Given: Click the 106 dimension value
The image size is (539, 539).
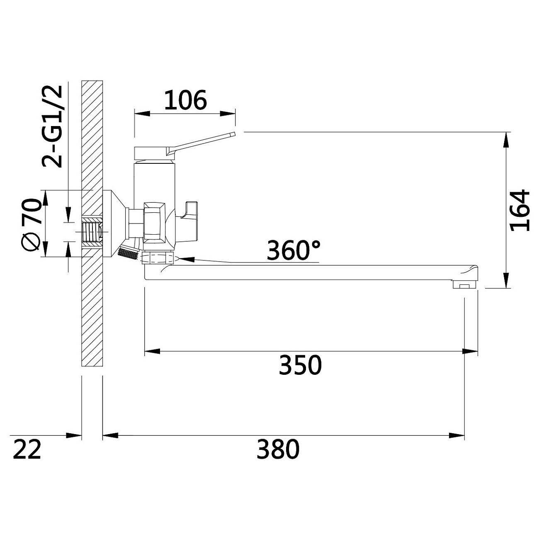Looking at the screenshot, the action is pos(185,100).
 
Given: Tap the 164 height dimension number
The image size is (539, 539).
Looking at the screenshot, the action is pos(520,211).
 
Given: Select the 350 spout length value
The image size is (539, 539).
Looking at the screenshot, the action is pos(300,365).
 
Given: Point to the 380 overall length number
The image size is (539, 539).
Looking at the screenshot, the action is pos(278,449).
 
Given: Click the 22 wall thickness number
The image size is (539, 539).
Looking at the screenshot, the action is pos(27,449).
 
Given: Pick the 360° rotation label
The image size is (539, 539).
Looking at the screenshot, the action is pos(293,250).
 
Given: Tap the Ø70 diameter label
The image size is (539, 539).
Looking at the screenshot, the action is pos(31,225).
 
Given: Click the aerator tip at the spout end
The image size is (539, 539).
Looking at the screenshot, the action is pos(465,284).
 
